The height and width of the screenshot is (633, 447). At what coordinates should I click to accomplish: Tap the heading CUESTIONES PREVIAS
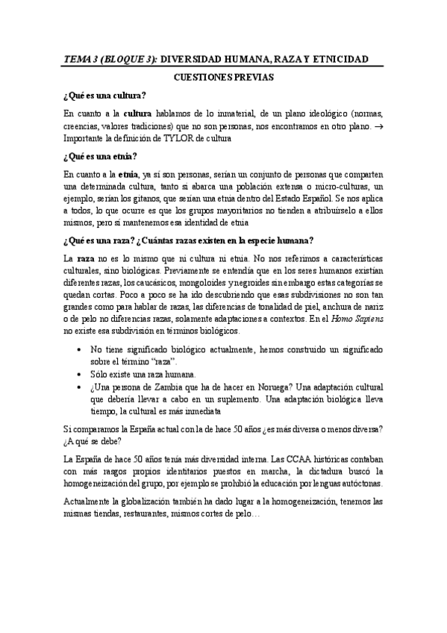pyautogui.click(x=223, y=77)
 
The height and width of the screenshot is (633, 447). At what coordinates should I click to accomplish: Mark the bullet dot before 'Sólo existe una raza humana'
pyautogui.click(x=80, y=373)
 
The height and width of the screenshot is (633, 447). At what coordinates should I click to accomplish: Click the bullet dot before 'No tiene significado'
pyautogui.click(x=80, y=349)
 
